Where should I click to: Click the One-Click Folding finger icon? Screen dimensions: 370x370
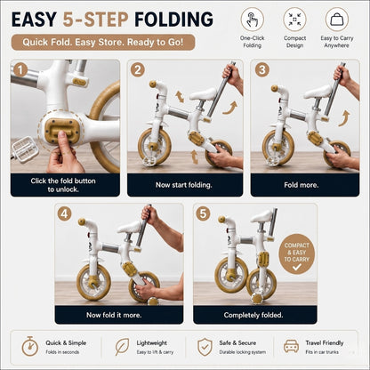tap(253, 19)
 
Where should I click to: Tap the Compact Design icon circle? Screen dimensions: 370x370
tap(294, 19)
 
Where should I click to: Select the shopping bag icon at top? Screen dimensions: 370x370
tap(337, 19)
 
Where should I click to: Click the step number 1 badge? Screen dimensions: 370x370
tap(20, 70)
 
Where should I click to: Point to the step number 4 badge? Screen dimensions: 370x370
tap(65, 213)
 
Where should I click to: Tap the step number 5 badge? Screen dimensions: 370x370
tap(203, 213)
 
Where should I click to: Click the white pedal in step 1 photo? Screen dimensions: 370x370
tap(25, 149)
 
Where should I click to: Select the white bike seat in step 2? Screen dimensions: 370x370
tap(204, 94)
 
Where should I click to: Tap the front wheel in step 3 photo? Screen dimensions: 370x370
tap(274, 148)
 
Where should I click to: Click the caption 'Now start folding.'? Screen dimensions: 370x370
tap(184, 185)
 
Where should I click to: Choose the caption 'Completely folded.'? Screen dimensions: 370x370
tap(253, 315)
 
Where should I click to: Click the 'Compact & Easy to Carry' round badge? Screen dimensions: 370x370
tap(296, 253)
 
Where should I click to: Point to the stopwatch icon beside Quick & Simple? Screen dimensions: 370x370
tap(29, 346)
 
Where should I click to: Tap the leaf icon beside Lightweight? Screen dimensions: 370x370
tap(122, 347)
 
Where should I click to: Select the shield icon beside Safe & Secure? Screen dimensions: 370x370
tap(205, 347)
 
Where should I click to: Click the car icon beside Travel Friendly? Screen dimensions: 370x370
tap(291, 346)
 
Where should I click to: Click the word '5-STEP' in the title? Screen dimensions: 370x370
tap(95, 20)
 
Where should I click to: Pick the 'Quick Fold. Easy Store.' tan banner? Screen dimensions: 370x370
tap(103, 42)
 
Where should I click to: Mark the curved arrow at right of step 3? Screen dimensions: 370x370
tap(344, 118)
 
